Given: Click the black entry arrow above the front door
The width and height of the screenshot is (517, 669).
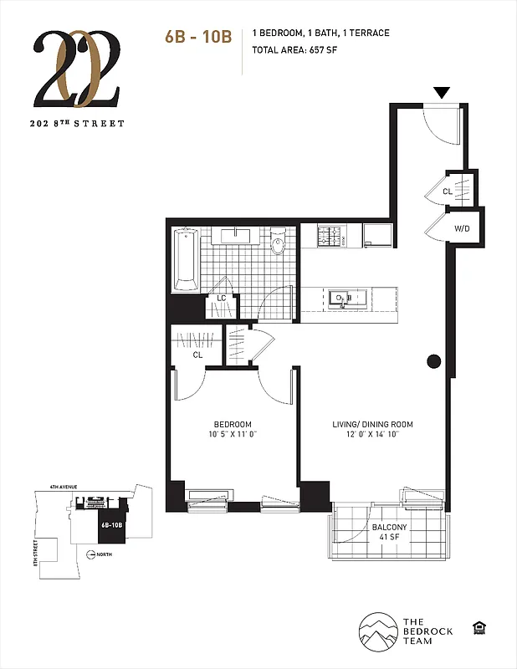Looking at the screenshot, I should click(x=441, y=92).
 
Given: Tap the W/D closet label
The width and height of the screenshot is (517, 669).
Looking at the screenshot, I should click(x=461, y=227).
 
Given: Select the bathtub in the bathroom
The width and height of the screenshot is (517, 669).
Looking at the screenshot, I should click(x=186, y=258).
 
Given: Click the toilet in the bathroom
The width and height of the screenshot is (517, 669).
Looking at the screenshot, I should click(x=279, y=243).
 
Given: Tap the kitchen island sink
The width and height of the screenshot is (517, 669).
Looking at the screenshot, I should click(x=343, y=299).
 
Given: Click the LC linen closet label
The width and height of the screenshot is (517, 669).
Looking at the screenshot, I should click(x=222, y=299).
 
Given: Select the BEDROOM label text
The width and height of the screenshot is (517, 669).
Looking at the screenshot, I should click(x=233, y=424).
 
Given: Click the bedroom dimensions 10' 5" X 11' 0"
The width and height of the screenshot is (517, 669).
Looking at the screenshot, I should click(x=233, y=435).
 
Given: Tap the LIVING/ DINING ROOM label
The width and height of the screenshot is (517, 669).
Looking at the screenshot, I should click(x=372, y=424).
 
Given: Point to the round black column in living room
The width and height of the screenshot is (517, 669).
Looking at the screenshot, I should click(x=433, y=361).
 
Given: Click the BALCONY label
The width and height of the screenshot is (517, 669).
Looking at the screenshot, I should click(x=389, y=528).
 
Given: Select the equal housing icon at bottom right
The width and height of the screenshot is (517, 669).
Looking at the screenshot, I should click(x=479, y=628).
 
